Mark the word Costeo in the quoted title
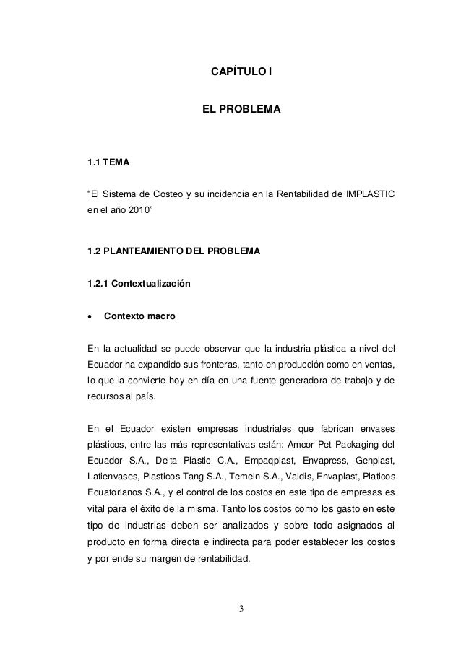pyautogui.click(x=163, y=194)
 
